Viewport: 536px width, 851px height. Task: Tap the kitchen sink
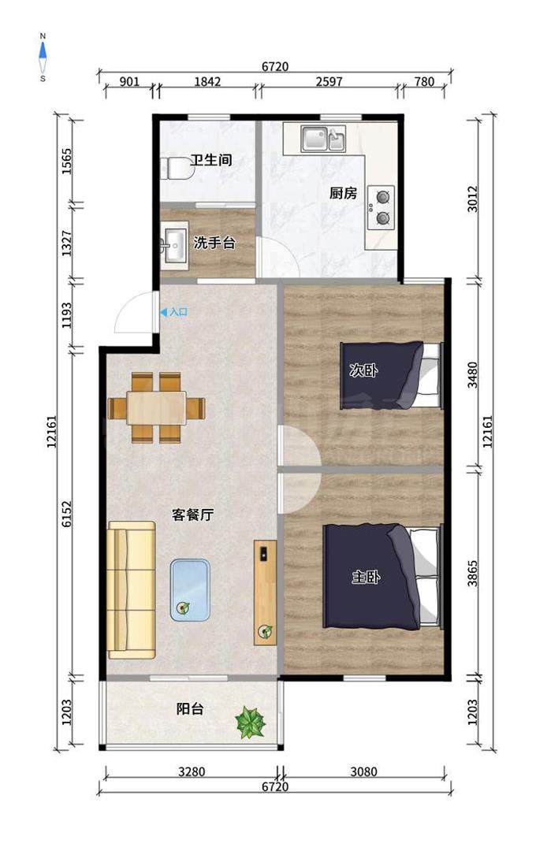(x=323, y=139)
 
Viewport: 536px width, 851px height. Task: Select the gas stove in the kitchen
(x=381, y=207)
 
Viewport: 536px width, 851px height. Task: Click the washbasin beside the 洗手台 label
(x=174, y=245)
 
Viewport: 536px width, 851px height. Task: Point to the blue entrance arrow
(x=163, y=312)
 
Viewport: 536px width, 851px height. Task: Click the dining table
(x=156, y=407)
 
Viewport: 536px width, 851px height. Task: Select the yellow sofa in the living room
(x=132, y=590)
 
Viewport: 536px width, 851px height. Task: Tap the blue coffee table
(x=189, y=590)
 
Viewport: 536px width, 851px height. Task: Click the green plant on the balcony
(x=250, y=723)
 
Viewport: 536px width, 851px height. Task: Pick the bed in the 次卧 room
(x=391, y=375)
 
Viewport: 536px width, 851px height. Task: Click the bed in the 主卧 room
(x=383, y=576)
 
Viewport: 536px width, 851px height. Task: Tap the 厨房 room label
(x=343, y=193)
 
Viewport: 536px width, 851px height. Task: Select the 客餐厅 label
(x=193, y=515)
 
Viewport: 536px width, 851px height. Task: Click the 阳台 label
(x=190, y=709)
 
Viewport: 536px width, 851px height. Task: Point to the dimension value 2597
(x=329, y=81)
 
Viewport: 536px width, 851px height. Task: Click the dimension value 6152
(x=66, y=514)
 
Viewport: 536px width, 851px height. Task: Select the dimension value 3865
(x=473, y=573)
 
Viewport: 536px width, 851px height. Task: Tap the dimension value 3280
(x=192, y=771)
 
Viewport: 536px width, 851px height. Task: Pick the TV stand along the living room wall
(x=265, y=592)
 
